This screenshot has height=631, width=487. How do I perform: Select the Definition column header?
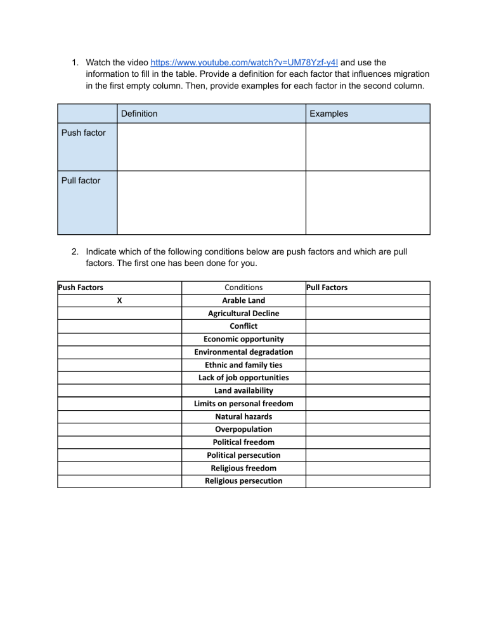click(139, 114)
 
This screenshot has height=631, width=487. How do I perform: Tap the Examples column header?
click(328, 114)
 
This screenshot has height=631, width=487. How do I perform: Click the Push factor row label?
click(83, 133)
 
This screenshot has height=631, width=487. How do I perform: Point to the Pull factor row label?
click(81, 181)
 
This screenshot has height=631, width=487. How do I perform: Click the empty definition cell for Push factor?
click(211, 147)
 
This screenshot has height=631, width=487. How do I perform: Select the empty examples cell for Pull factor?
click(368, 203)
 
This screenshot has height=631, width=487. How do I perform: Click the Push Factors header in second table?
click(81, 288)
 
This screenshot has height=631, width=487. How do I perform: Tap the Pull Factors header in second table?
click(327, 288)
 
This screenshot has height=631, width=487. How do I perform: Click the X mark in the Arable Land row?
click(119, 300)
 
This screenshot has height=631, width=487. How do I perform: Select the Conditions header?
click(243, 288)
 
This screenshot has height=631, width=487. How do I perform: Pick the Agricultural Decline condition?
click(243, 313)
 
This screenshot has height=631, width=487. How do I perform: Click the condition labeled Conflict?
click(243, 326)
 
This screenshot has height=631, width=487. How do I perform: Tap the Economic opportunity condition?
click(243, 339)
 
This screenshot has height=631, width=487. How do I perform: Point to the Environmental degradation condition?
click(243, 352)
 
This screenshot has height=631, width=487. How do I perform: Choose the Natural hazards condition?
click(243, 416)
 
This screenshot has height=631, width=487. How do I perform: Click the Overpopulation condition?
click(243, 429)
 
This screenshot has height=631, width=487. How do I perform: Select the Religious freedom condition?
click(243, 468)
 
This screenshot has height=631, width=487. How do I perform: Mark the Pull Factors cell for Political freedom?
click(368, 442)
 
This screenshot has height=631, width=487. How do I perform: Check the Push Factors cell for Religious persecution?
click(119, 481)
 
